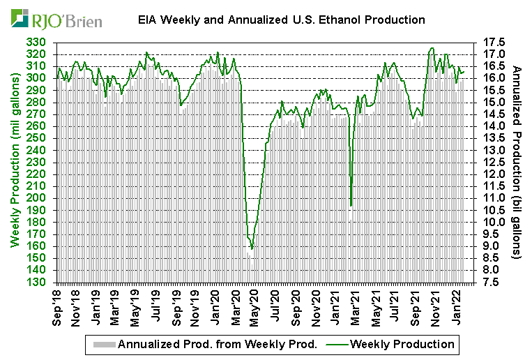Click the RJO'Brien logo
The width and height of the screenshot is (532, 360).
(56, 18)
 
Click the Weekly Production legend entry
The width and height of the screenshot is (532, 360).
(403, 344)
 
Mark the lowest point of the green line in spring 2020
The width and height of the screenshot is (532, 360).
(252, 248)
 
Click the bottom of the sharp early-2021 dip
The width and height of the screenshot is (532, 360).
(351, 207)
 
